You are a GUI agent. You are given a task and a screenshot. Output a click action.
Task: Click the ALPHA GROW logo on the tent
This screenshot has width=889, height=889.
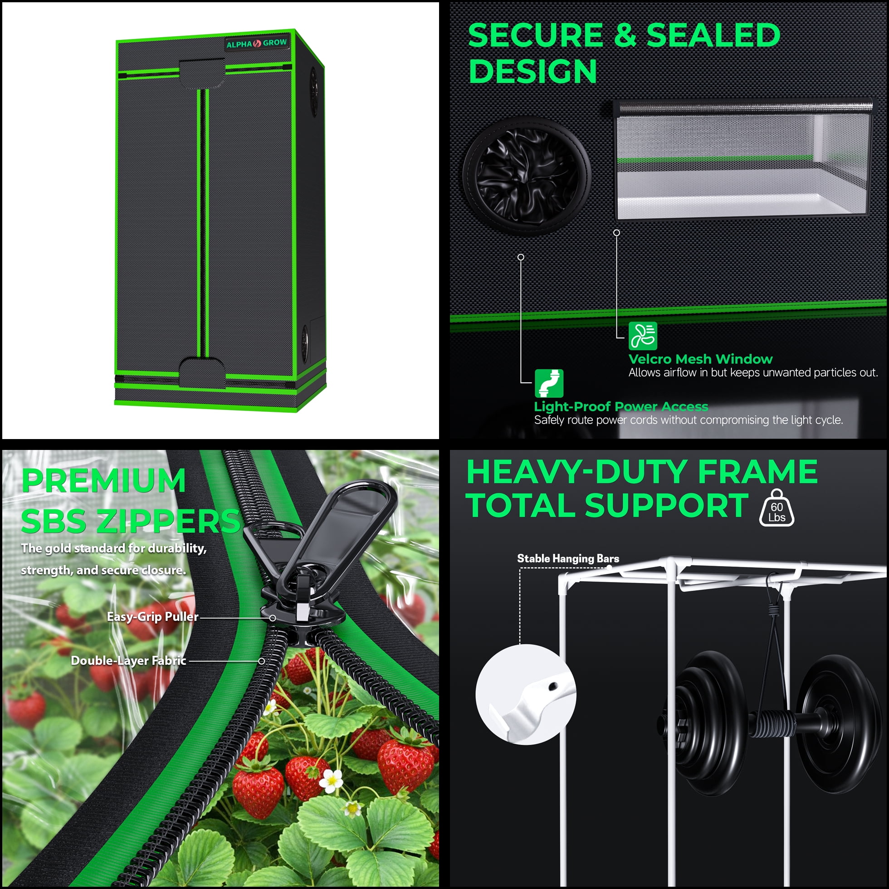[256, 43]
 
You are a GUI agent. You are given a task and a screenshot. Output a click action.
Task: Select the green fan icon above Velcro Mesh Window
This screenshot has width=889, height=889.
[643, 336]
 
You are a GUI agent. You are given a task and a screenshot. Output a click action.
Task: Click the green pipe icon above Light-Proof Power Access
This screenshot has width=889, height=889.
[549, 383]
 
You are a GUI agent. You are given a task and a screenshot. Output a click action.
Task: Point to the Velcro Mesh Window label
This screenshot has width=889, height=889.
[700, 359]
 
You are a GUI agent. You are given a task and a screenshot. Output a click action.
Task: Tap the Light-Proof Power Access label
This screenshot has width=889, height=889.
[621, 406]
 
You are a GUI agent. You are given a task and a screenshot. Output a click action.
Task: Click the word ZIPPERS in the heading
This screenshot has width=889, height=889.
[168, 521]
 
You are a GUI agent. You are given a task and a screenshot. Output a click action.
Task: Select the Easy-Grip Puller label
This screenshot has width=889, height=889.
[153, 616]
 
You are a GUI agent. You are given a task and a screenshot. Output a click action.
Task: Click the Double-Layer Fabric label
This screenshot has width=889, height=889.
[128, 661]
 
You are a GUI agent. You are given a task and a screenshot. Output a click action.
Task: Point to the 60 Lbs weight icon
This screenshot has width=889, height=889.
[776, 508]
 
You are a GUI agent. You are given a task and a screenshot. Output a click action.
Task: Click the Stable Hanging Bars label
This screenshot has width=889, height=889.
[568, 559]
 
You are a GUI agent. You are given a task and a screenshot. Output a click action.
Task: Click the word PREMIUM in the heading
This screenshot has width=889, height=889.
[103, 480]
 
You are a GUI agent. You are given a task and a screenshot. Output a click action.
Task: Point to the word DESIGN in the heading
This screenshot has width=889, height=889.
[533, 71]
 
